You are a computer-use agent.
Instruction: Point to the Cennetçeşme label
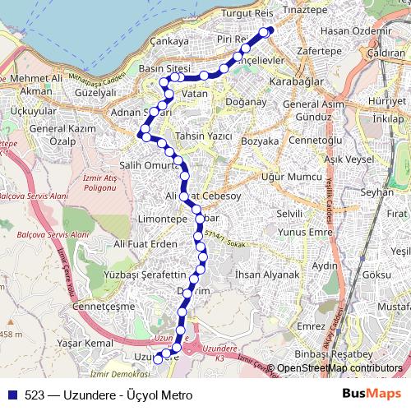click(104, 307)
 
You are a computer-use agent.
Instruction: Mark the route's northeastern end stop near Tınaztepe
click(266, 32)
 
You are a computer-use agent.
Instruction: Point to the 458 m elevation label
click(10, 335)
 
